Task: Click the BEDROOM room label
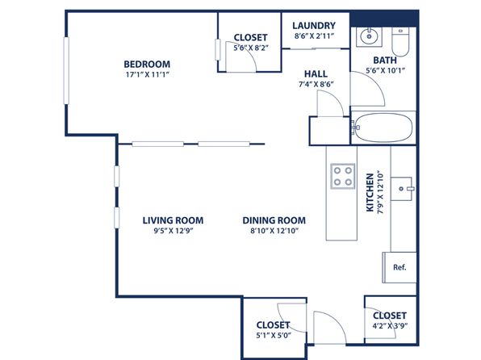pos(147,64)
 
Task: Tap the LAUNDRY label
pos(314,26)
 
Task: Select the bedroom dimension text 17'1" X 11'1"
pos(147,74)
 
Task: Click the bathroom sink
pos(369,37)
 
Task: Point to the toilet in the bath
pos(400,42)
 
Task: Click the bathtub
pos(383,127)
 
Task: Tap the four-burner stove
pos(343,176)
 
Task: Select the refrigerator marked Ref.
pos(399,267)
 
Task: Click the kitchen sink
pos(402,189)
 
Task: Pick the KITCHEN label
pos(370,192)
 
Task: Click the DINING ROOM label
pos(274,220)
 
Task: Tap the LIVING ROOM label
pos(173,220)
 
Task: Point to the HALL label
pos(316,73)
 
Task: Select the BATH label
pos(385,61)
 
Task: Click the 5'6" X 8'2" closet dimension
pos(251,48)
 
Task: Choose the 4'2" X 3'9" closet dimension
pos(390,326)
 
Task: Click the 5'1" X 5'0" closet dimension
pos(274,336)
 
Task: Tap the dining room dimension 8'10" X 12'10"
pos(274,231)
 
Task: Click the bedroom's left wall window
pos(66,70)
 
